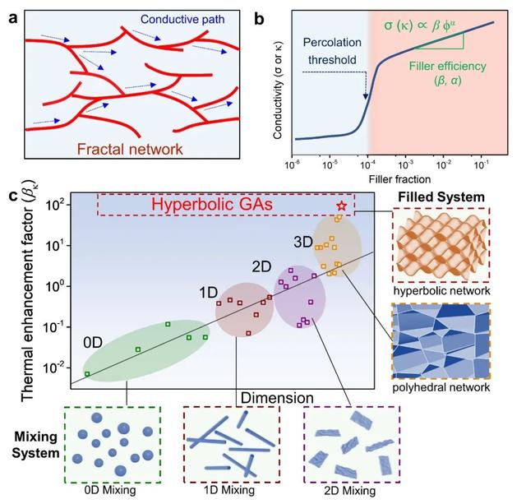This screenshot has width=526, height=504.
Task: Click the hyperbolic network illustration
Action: pyautogui.click(x=442, y=247)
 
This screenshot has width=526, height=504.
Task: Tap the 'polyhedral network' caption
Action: pyautogui.click(x=442, y=386)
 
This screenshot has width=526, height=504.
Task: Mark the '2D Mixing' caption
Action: pyautogui.click(x=351, y=490)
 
